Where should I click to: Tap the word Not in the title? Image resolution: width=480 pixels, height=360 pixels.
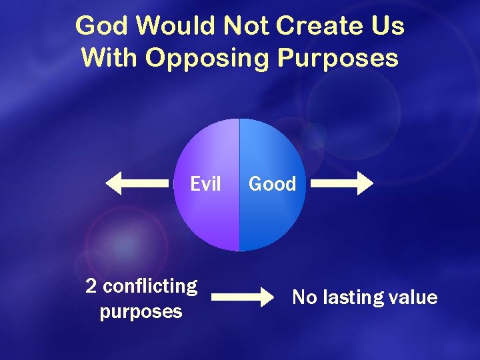[x=245, y=26]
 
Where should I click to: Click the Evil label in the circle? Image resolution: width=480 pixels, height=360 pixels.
[x=205, y=183]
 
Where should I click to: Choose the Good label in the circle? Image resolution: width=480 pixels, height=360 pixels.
[x=272, y=183]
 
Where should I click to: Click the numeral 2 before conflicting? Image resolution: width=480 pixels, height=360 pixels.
[x=92, y=287]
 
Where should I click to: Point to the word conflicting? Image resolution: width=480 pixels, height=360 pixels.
[x=151, y=287]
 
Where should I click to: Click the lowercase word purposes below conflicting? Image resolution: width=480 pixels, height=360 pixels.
[x=141, y=312]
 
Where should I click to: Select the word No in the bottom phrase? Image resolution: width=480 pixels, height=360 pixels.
[x=305, y=297]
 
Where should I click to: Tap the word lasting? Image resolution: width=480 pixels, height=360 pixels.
[x=353, y=298]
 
